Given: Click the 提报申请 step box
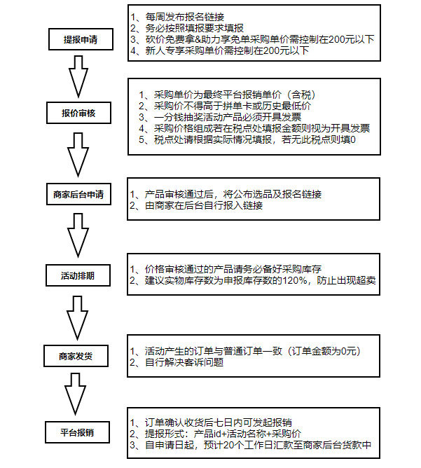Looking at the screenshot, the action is pyautogui.click(x=81, y=39).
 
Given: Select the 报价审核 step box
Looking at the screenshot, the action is pyautogui.click(x=78, y=113).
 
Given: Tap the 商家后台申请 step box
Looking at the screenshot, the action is pyautogui.click(x=78, y=194).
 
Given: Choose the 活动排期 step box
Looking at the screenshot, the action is pyautogui.click(x=78, y=275).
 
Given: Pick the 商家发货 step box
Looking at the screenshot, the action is pyautogui.click(x=76, y=356).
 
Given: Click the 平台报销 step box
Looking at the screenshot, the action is pyautogui.click(x=78, y=432).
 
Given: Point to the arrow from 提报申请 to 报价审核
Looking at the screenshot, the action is pyautogui.click(x=78, y=76).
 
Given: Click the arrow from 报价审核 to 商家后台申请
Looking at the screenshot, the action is pyautogui.click(x=78, y=155).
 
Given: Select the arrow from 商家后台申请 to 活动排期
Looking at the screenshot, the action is pyautogui.click(x=78, y=235).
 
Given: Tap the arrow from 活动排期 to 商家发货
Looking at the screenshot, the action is pyautogui.click(x=77, y=318).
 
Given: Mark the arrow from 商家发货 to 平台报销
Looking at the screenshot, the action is pyautogui.click(x=76, y=394).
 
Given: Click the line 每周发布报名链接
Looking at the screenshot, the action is pyautogui.click(x=177, y=17).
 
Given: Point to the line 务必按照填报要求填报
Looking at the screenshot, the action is pyautogui.click(x=187, y=28).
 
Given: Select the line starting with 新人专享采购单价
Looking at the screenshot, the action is pyautogui.click(x=219, y=50).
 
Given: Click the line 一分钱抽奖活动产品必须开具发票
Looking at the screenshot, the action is pyautogui.click(x=220, y=117).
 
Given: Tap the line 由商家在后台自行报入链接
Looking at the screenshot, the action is pyautogui.click(x=196, y=205).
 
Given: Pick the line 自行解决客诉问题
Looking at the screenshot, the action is pyautogui.click(x=177, y=362).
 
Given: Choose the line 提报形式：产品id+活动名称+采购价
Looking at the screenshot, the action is pyautogui.click(x=216, y=434).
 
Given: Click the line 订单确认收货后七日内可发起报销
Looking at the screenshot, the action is pyautogui.click(x=211, y=422).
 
